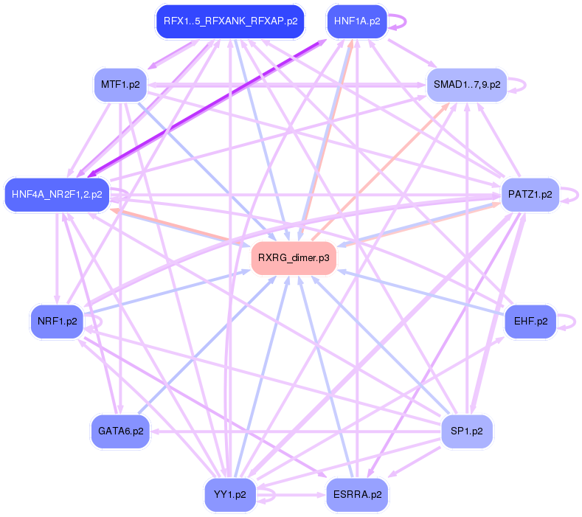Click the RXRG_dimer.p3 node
tap(294, 258)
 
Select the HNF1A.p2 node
tap(357, 21)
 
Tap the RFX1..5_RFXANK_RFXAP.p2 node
tap(230, 21)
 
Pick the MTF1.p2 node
tap(120, 85)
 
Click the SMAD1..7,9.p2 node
tap(467, 85)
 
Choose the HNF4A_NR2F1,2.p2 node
tap(57, 195)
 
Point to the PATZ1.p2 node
tap(530, 195)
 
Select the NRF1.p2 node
tap(57, 322)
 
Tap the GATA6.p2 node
tap(120, 431)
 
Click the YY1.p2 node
tap(230, 494)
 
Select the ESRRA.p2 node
tap(357, 494)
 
